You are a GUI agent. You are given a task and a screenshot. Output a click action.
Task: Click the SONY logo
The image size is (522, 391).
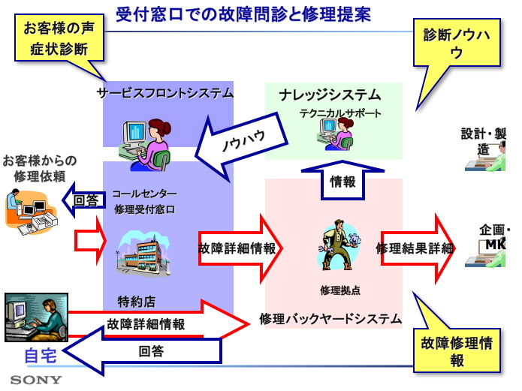[36, 380]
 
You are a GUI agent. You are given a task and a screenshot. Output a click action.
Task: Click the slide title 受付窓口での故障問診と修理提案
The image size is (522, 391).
[243, 14]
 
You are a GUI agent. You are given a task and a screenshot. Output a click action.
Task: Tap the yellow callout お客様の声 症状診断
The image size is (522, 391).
[56, 40]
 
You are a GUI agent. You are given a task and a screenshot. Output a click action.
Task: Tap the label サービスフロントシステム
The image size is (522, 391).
[165, 93]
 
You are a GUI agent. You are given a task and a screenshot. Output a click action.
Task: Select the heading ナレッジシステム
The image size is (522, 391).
[330, 95]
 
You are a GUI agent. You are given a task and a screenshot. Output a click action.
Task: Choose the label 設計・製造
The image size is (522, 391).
[484, 141]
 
